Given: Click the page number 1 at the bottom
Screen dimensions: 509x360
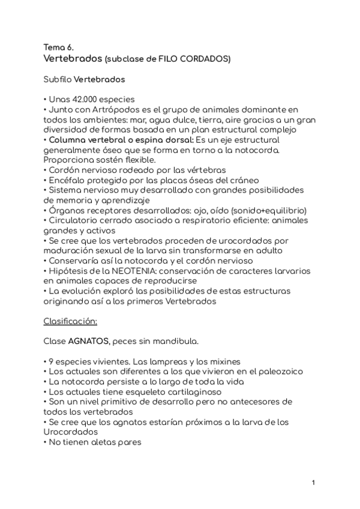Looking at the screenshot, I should point(313,482).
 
